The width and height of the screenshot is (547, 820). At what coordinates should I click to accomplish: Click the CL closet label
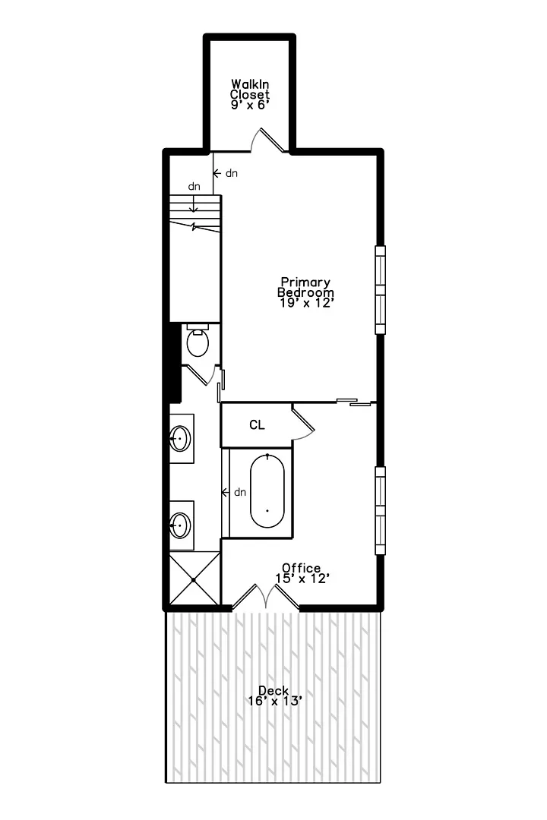(257, 425)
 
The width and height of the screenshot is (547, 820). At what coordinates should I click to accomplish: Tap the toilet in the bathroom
(198, 340)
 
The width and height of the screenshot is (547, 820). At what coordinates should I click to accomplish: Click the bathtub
(267, 490)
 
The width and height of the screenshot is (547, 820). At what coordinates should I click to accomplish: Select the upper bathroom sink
(179, 438)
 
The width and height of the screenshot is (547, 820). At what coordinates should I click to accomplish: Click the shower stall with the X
(194, 579)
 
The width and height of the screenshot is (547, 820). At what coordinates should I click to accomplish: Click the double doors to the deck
(266, 596)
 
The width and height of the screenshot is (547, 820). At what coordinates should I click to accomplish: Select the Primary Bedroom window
(380, 290)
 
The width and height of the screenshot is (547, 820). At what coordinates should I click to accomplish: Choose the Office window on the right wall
(380, 510)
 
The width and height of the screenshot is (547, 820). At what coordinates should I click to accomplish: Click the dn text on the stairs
(194, 186)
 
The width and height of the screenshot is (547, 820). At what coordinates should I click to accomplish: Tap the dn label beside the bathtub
(240, 492)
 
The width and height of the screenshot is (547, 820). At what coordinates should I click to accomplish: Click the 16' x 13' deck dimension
(275, 702)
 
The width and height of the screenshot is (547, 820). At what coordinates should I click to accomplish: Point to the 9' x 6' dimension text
(250, 105)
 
